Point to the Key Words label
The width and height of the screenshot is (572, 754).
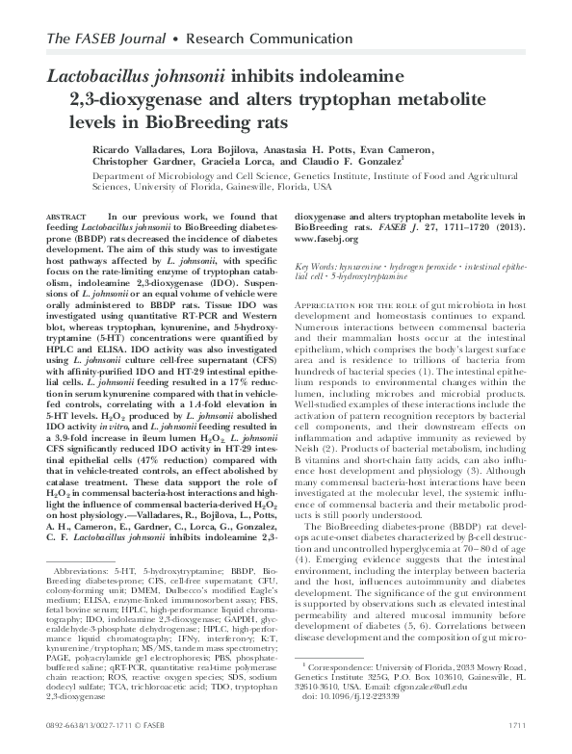coord(315,263)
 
